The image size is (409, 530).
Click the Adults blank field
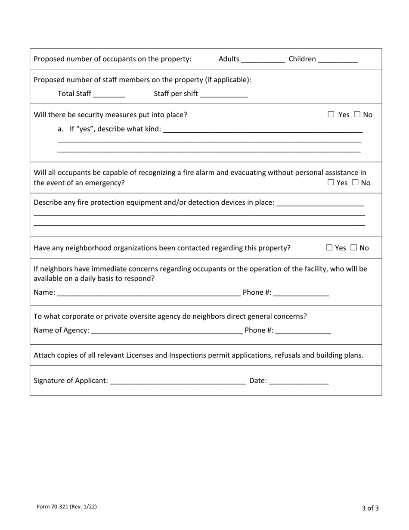[263, 59]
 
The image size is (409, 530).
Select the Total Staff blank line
[108, 94]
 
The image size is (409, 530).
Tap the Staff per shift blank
[223, 94]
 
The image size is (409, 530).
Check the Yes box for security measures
[331, 115]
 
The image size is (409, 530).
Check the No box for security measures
[357, 115]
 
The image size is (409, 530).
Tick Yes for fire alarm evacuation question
[331, 183]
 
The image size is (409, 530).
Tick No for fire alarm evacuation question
[355, 183]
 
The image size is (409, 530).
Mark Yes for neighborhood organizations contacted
[329, 248]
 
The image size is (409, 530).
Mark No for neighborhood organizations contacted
[354, 248]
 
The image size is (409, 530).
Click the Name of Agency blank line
[167, 331]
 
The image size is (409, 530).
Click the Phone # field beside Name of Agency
[303, 331]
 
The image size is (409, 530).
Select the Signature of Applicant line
[178, 381]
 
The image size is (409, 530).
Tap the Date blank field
[298, 381]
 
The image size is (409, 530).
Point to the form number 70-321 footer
[67, 507]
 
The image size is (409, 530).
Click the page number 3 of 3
[370, 508]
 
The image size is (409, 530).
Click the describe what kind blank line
[263, 129]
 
